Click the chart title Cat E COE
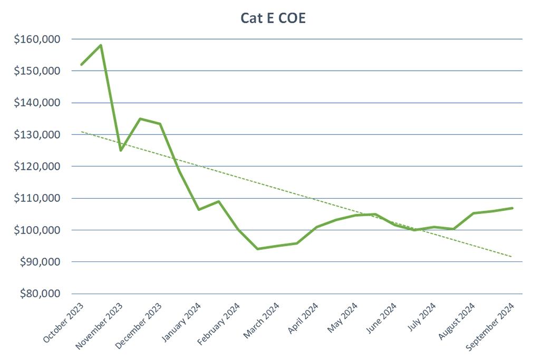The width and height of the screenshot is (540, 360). pyautogui.click(x=273, y=18)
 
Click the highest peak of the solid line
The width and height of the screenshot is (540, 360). pyautogui.click(x=101, y=45)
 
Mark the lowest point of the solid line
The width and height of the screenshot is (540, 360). pyautogui.click(x=257, y=249)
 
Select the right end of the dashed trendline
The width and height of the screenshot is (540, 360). pyautogui.click(x=512, y=257)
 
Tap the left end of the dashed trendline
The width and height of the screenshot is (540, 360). pyautogui.click(x=81, y=132)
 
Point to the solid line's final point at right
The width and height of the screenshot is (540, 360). pyautogui.click(x=512, y=208)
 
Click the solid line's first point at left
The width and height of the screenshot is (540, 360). pyautogui.click(x=81, y=65)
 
